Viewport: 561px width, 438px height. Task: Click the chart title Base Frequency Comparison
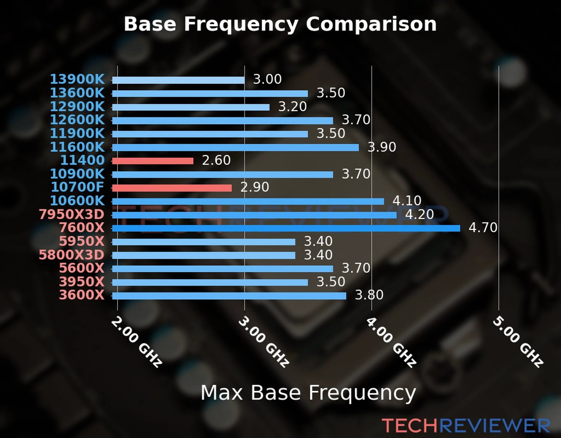coord(280,24)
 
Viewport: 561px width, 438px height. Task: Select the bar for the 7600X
coord(286,228)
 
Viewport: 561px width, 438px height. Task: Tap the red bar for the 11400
coord(153,161)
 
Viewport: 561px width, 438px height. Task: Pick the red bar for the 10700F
coord(172,188)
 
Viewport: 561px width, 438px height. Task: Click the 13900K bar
coord(178,80)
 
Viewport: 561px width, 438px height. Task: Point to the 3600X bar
coord(229,296)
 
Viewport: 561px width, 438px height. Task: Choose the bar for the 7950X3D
coord(254,215)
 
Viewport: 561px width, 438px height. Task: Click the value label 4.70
coord(483,228)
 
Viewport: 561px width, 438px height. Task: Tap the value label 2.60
coord(216,160)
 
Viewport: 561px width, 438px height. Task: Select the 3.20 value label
coord(293,107)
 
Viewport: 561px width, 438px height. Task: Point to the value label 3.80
coord(369,295)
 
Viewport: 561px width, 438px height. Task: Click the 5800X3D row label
coord(72,255)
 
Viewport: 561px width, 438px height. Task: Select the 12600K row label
coord(77,120)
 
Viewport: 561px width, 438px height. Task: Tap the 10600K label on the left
coord(77,201)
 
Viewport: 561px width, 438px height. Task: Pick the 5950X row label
coord(81,241)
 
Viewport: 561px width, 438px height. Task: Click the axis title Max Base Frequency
coord(308,393)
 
